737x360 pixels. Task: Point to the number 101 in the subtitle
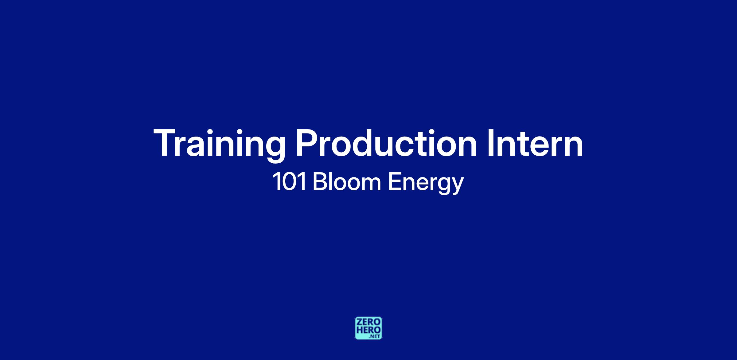click(289, 182)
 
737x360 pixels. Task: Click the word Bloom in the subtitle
click(347, 182)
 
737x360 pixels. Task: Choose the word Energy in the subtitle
click(426, 184)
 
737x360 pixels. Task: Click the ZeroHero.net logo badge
click(368, 328)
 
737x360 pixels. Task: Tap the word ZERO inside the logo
click(368, 322)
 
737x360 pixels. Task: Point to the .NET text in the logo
click(375, 336)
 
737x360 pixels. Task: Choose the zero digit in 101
click(289, 182)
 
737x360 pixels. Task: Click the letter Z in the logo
click(359, 322)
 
